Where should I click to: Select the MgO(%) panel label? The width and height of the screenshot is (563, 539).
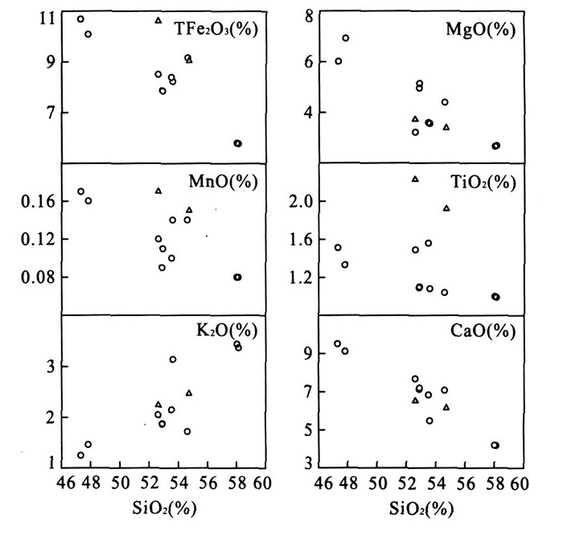click(x=480, y=30)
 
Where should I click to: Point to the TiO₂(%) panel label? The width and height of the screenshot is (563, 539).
click(x=480, y=182)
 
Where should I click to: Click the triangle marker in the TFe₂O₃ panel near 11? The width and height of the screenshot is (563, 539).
click(x=158, y=20)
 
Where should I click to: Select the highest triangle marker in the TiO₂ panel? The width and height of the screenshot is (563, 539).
click(x=415, y=179)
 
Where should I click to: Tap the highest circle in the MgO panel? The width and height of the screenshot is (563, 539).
click(x=346, y=38)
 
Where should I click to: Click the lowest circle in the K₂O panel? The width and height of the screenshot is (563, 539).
click(x=80, y=455)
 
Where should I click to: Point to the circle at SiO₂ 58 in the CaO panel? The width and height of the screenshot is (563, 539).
click(x=495, y=445)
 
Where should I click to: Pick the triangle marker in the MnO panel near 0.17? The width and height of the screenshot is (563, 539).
click(x=158, y=191)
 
